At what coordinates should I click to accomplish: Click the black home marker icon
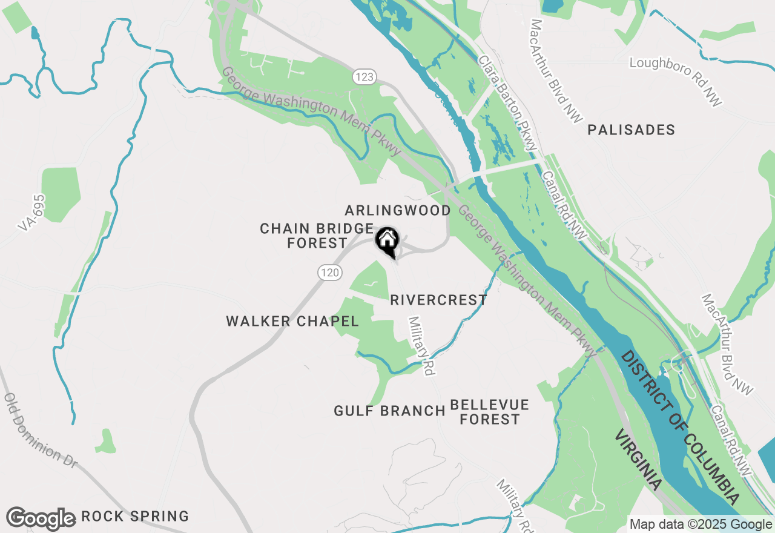tap(387, 240)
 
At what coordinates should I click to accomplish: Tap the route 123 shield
tap(364, 77)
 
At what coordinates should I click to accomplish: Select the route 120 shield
tap(330, 273)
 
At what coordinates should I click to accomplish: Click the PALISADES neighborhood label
tap(631, 130)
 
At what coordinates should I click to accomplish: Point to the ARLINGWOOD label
tap(398, 210)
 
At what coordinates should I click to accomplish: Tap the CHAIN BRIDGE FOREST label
tap(317, 236)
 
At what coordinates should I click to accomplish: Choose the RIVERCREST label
tap(438, 300)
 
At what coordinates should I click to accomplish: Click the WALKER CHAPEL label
tap(292, 321)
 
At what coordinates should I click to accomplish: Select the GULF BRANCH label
tap(389, 411)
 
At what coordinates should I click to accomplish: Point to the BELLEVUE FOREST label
tap(489, 412)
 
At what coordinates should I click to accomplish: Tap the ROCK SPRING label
tap(135, 517)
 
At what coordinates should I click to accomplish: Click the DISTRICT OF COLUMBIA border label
tap(681, 427)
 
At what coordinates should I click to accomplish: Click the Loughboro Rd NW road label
tap(676, 82)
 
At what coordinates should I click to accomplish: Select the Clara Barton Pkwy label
tap(507, 103)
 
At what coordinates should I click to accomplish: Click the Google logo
tap(41, 518)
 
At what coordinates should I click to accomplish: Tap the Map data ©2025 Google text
tap(701, 525)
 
